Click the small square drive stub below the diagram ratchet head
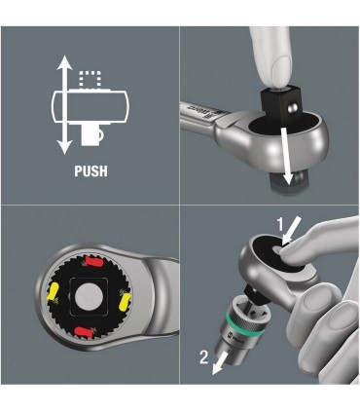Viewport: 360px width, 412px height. click(97, 131)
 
